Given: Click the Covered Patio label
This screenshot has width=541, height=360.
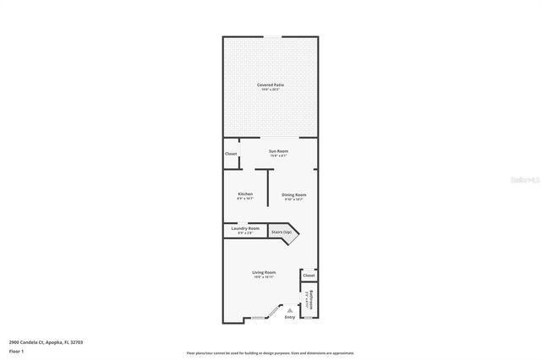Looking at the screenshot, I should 270,85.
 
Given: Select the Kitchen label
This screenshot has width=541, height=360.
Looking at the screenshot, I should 245,194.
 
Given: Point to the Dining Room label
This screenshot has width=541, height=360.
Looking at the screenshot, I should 294,194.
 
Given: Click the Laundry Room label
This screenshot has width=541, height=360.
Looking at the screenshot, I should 245,228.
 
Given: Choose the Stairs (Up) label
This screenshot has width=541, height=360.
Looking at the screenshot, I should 281,232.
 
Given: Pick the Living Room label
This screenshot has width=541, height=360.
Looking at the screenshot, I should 265,272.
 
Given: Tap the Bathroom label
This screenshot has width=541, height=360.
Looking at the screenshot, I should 311,298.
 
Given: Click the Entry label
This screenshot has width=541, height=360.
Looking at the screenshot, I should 290,317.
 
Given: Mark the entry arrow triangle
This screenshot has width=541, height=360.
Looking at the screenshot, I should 290,310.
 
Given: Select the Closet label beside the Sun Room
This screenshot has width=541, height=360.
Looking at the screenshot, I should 231,154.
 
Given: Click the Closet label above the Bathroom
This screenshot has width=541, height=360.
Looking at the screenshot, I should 309,275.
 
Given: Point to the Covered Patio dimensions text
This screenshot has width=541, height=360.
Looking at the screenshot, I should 270,90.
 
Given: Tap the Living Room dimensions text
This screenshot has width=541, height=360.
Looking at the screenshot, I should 265,277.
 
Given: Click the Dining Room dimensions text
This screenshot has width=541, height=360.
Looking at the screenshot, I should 294,199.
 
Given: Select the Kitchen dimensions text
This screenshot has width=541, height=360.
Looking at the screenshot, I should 245,199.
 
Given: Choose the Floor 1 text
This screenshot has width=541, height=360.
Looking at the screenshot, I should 16,350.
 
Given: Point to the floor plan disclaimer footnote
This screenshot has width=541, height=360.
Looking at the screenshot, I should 270,353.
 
